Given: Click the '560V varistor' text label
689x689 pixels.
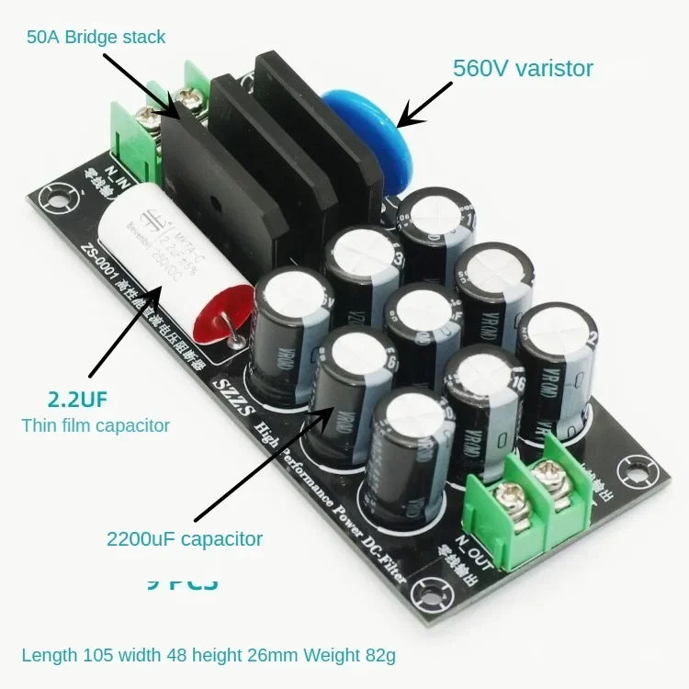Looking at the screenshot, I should tap(523, 68).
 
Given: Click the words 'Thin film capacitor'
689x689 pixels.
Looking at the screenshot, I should tap(96, 425).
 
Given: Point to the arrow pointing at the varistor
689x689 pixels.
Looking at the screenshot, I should tap(424, 103).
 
